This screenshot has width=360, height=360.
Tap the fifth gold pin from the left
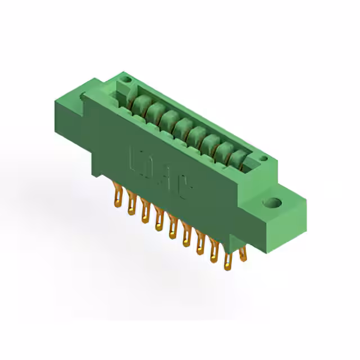173,225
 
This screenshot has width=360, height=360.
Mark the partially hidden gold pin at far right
243,254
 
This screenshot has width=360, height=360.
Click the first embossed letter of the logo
136,159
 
